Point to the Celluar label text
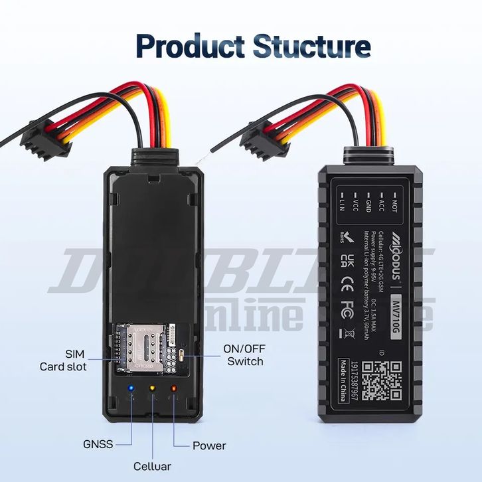(x=152, y=466)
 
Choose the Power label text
(x=209, y=445)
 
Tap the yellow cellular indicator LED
(x=152, y=388)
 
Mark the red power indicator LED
(x=174, y=388)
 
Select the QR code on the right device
(x=384, y=380)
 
